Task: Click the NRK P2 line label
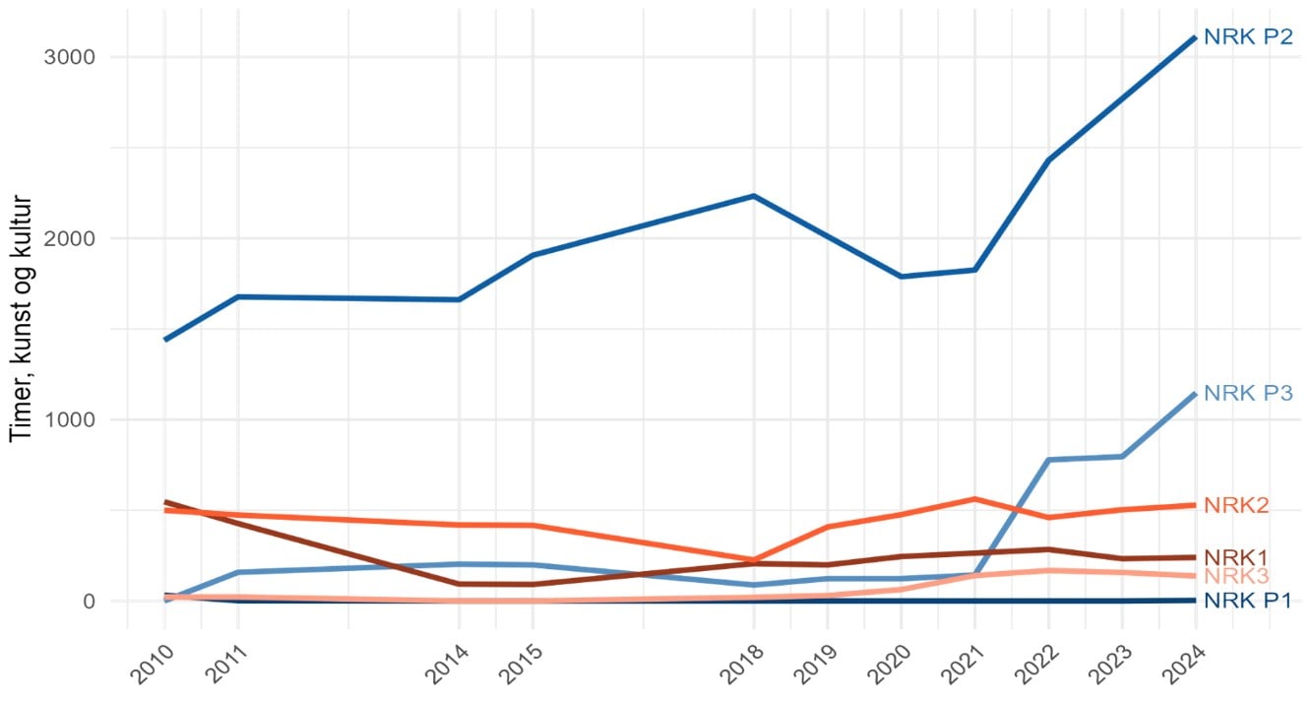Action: coord(1248,37)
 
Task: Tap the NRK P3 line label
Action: coord(1248,393)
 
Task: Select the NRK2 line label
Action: coord(1237,505)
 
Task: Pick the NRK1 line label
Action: coord(1237,557)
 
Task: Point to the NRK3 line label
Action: coord(1237,576)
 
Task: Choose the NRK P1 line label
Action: coord(1248,601)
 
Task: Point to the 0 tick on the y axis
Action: coord(88,601)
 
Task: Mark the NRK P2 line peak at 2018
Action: coord(754,196)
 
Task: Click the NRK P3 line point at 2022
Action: coord(1048,460)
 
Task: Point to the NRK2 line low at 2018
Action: coord(754,559)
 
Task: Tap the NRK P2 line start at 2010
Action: coord(165,340)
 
